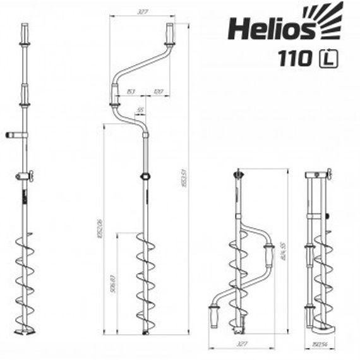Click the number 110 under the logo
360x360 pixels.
(295, 59)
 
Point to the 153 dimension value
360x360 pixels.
(129, 92)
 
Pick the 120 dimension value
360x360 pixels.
(159, 92)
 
